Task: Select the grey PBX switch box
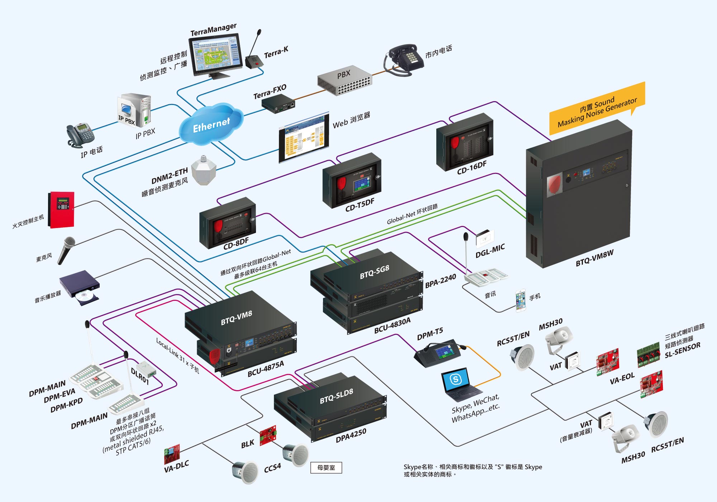click(345, 81)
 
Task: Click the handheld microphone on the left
click(66, 250)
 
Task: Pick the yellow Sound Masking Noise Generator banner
click(597, 108)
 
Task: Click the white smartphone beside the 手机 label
click(521, 300)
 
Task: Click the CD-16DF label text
click(471, 167)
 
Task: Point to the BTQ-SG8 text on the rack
click(374, 272)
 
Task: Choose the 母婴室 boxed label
click(326, 468)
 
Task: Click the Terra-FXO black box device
click(278, 104)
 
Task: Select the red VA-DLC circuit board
click(172, 454)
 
